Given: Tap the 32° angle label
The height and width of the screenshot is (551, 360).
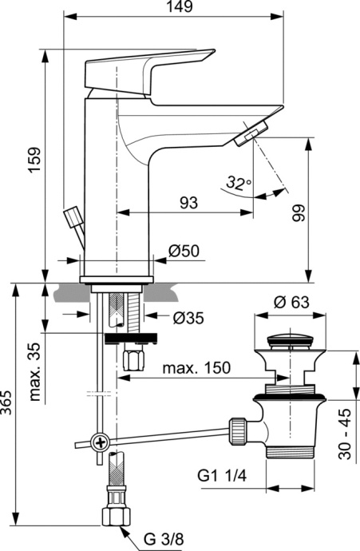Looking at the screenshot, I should (x=237, y=184).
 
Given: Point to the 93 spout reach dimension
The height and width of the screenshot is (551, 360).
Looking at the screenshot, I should (x=188, y=203).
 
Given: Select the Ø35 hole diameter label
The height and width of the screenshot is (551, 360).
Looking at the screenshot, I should (x=188, y=318).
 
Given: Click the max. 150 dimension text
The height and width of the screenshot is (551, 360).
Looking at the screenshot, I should (x=196, y=368).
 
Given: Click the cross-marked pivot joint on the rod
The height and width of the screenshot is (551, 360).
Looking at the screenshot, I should (x=99, y=442).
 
